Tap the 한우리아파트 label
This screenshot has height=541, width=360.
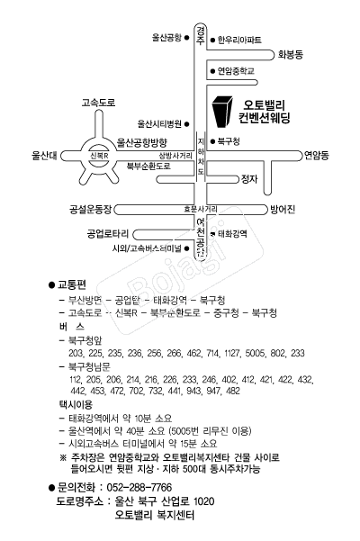click(x=240, y=41)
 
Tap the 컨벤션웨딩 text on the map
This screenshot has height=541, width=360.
click(x=272, y=119)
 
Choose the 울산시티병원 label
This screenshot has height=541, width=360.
click(x=159, y=122)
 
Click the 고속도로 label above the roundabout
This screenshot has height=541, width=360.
click(x=98, y=103)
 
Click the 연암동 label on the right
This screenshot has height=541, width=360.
click(x=316, y=155)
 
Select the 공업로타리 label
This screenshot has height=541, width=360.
click(x=108, y=233)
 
